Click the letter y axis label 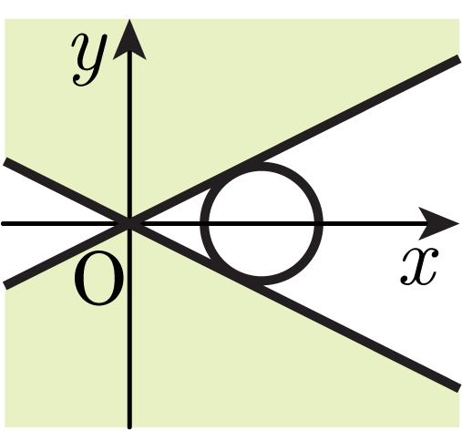89,59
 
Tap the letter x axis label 420,266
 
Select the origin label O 99,279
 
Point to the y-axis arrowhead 129,39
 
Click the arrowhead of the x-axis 439,224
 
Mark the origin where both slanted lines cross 129,224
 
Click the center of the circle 261,224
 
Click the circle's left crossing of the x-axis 204,224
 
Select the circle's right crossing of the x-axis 318,224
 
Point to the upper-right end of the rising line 458,58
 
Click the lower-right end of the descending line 458,389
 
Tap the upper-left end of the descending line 5,161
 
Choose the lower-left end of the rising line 5,286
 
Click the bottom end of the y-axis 129,427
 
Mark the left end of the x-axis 3,224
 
